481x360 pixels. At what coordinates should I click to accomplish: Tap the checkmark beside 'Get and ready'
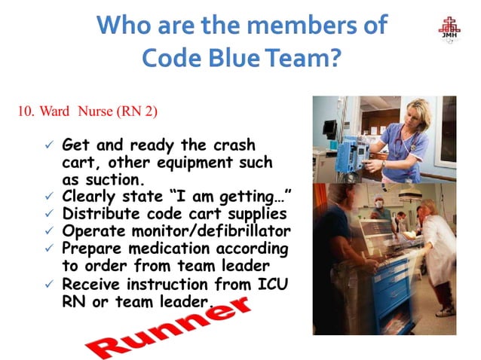(48, 145)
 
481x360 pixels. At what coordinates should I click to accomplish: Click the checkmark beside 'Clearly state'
(48, 197)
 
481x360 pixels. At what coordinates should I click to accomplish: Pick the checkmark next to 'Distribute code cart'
(48, 214)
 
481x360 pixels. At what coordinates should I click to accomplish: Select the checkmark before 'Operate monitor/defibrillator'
(48, 230)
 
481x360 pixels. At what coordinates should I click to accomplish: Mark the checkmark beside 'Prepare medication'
(48, 248)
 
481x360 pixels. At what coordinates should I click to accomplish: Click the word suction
(124, 179)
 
